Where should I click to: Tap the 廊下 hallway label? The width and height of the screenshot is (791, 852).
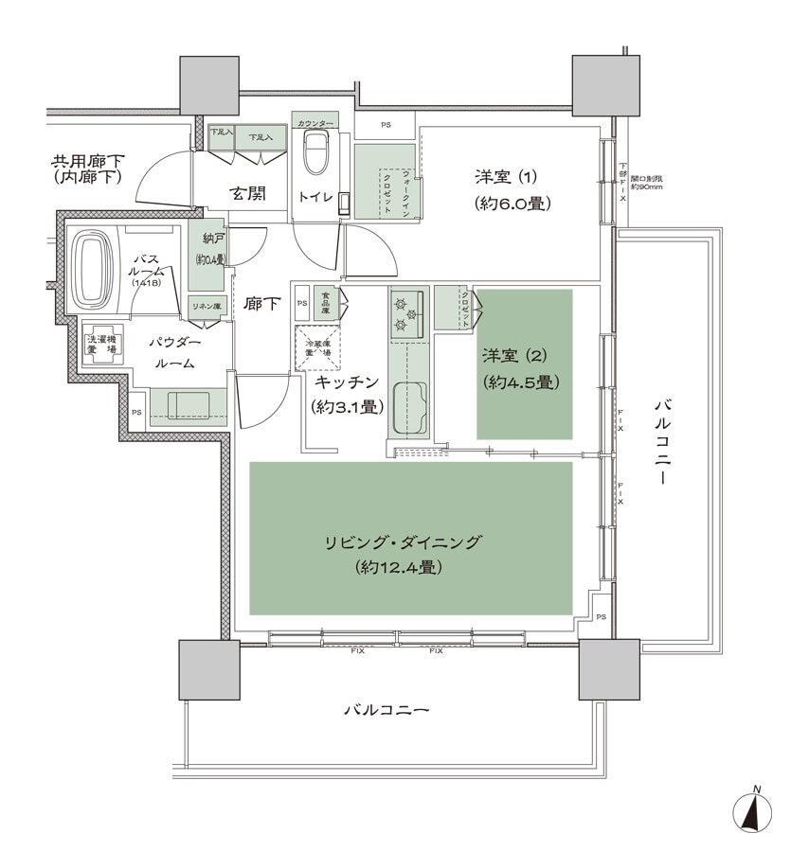coord(262,305)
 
